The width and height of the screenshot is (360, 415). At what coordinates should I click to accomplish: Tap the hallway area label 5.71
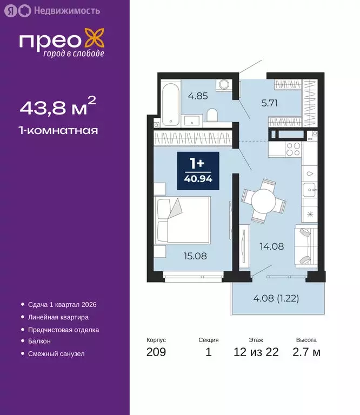pos(268,104)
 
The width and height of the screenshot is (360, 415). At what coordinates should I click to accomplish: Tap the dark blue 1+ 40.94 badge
pos(198,171)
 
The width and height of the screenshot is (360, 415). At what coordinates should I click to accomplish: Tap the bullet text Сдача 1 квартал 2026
pos(62,305)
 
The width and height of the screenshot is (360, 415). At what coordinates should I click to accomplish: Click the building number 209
pos(156,353)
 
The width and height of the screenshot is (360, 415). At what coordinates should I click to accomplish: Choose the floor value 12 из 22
pos(256,353)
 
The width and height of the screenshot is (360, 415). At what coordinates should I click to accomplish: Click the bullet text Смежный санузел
pos(56,353)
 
